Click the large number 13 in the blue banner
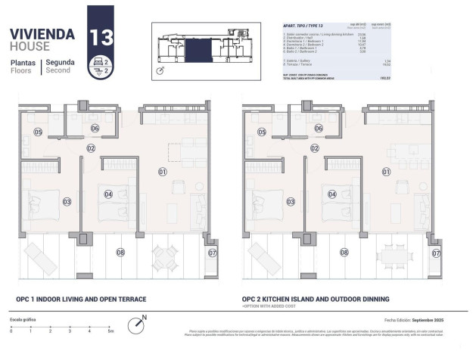coord(102,37)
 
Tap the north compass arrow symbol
coord(135,324)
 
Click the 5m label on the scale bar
coord(110,331)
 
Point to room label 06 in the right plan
coord(319,129)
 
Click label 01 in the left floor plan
coord(162,172)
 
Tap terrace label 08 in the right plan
coord(344,253)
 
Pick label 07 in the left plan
coord(212,253)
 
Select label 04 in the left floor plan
coord(108,194)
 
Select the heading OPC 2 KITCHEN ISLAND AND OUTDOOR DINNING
coord(316,299)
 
